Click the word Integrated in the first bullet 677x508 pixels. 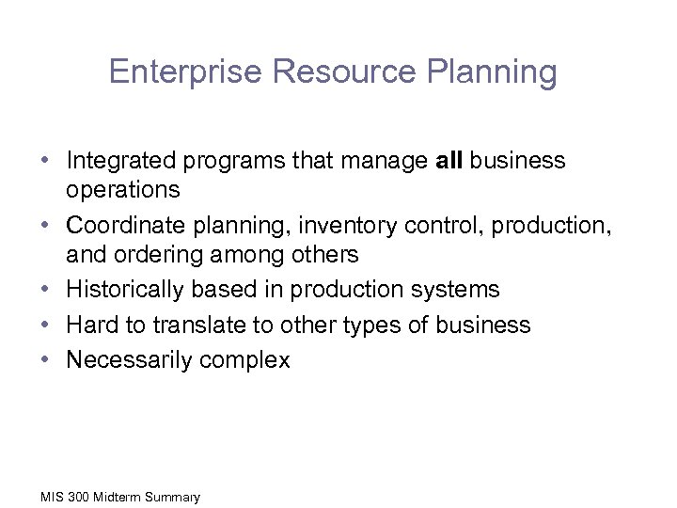click(x=117, y=161)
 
